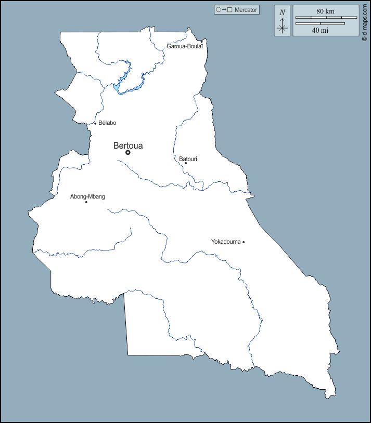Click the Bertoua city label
[128, 146]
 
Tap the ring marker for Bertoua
[127, 153]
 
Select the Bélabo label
[107, 123]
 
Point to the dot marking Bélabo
[95, 124]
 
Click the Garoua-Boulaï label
[184, 46]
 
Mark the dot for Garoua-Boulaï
[202, 41]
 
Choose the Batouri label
[188, 158]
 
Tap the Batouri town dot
[186, 163]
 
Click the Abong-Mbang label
[87, 196]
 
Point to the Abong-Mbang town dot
[86, 202]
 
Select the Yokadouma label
[226, 242]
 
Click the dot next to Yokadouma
[244, 242]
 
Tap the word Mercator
[246, 10]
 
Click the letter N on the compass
[282, 12]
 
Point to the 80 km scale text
[325, 11]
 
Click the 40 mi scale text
[320, 30]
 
